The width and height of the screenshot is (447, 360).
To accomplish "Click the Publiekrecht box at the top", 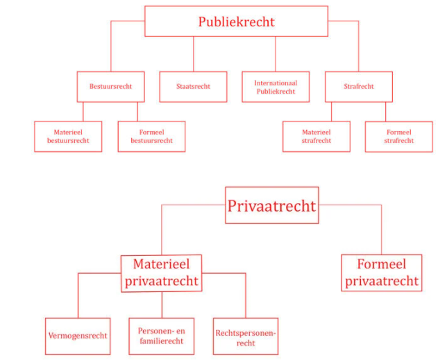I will coord(236,22).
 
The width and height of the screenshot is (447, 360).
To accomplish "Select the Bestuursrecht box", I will coord(110,87).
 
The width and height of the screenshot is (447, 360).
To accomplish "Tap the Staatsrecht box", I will coord(194,87).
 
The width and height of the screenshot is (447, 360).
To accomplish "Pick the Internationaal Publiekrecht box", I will coord(276,87).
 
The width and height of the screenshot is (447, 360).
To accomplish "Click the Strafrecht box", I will coord(358,87).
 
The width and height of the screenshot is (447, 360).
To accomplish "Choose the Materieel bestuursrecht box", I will coord(68,136).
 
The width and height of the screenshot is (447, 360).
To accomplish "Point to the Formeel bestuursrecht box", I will coord(151,136).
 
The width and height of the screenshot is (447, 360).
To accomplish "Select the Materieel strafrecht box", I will coord(316,136).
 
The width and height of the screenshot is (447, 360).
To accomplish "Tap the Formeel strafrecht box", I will coord(398,136).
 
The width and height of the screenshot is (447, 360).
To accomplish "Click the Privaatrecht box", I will coord(271,205).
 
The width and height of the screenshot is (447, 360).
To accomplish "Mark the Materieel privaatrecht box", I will coord(162,273).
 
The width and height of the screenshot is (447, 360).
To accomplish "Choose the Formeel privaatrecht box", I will coord(382,273).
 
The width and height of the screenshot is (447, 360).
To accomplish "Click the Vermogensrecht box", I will coord(78,336).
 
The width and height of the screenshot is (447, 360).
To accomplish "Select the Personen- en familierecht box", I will coord(162,336).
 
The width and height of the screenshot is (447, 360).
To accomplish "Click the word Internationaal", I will coord(276,83).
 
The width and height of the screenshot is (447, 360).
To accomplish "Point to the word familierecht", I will coord(162,341).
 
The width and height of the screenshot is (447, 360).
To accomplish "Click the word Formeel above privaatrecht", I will coord(382,264).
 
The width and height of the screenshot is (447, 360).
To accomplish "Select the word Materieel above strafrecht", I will coord(316,132).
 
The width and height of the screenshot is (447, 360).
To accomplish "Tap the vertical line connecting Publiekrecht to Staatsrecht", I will coord(194,54).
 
